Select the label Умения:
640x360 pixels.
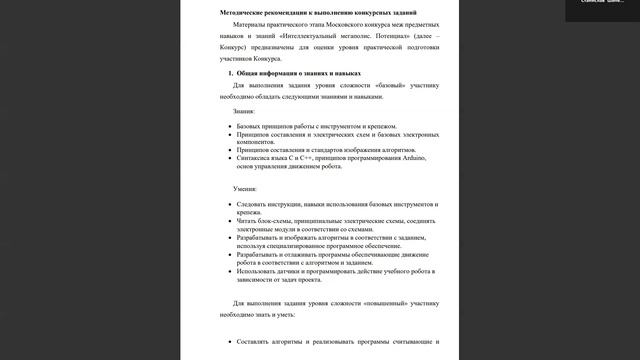[x=245, y=188]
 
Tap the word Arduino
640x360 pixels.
[x=418, y=157]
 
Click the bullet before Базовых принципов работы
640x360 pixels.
[x=229, y=127]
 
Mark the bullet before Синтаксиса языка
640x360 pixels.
[x=229, y=157]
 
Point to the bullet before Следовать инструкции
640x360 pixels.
[x=229, y=203]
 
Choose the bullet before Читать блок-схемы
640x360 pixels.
[x=229, y=220]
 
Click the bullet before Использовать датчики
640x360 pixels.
[x=229, y=271]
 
